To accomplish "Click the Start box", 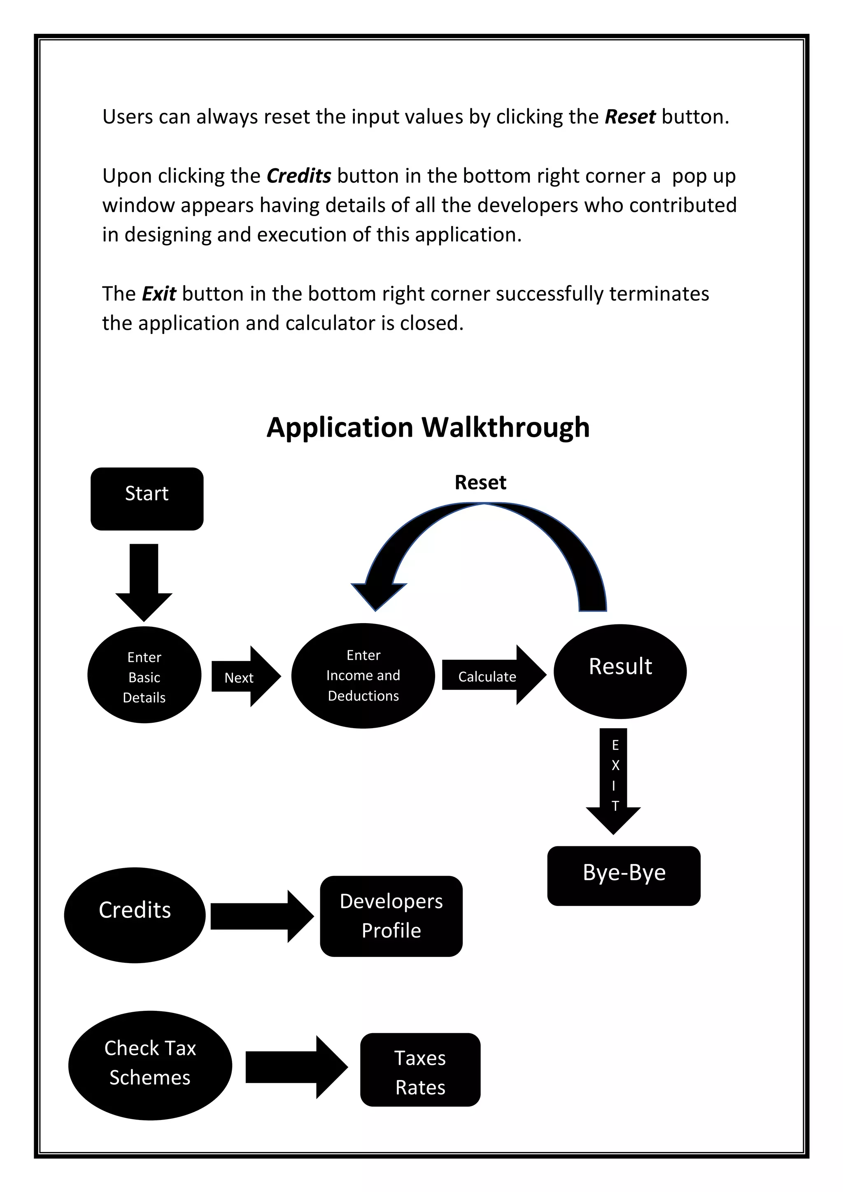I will pos(147,498).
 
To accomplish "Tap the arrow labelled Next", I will pos(244,677).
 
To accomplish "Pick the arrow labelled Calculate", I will pos(491,675).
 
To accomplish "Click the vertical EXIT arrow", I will pos(614,778).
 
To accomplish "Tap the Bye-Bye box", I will pos(624,876).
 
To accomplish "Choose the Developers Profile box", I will pos(391,916).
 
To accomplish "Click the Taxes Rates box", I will pos(420,1069).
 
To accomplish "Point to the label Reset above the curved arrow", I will pos(480,482).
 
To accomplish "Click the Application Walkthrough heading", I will pos(428,427).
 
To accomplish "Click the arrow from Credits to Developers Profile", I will pos(260,916).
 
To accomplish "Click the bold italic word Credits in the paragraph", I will pos(298,176).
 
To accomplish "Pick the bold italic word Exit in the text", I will pos(159,294).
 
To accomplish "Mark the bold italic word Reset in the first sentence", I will pos(630,117).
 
